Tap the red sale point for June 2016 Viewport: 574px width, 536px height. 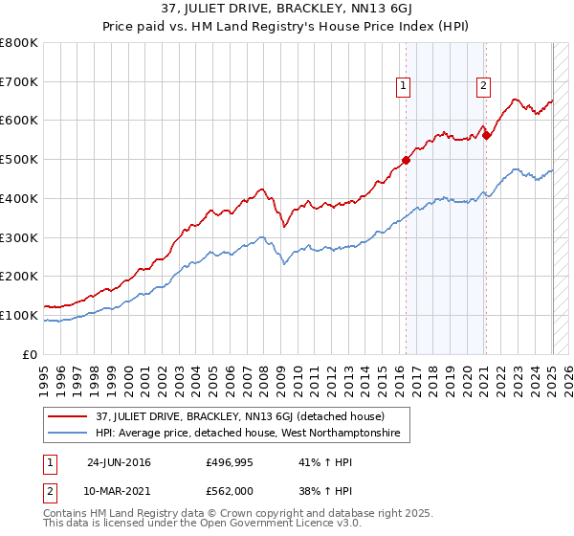pyautogui.click(x=406, y=160)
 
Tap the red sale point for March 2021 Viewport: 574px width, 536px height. pyautogui.click(x=486, y=135)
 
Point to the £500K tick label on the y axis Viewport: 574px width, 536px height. pyautogui.click(x=18, y=160)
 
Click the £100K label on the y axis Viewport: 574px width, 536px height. pyautogui.click(x=18, y=315)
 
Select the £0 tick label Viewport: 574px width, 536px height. pyautogui.click(x=31, y=354)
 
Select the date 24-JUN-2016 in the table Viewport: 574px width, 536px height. pyautogui.click(x=119, y=461)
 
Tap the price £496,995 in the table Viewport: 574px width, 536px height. pyautogui.click(x=227, y=461)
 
